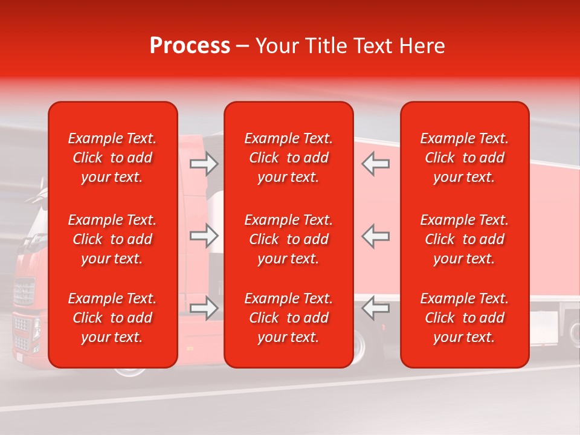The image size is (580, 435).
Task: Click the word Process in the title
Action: [190, 46]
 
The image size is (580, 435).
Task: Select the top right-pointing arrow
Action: [204, 164]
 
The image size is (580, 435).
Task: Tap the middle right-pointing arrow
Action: [204, 236]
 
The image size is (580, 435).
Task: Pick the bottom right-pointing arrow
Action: [204, 308]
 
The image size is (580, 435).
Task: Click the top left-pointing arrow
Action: [376, 164]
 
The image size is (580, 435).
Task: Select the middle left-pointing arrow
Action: [376, 236]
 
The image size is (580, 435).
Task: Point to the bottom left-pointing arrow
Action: [376, 308]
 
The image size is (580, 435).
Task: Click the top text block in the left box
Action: [112, 158]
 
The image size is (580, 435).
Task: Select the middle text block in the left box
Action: [112, 239]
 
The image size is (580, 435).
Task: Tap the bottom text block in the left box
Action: [112, 318]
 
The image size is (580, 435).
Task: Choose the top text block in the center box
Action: [289, 158]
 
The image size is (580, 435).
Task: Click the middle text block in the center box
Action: [289, 239]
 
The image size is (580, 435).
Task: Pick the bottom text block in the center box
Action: [289, 318]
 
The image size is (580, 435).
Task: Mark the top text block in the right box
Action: [465, 158]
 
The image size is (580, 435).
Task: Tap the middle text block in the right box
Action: [465, 239]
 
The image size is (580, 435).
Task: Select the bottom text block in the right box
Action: [465, 318]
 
